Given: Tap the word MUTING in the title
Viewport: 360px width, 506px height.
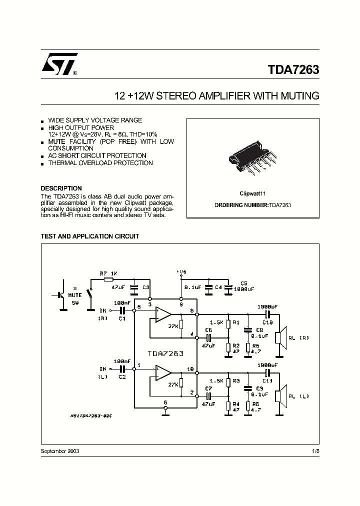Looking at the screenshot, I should click(299, 95).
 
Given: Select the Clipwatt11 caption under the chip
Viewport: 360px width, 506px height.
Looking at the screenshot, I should click(252, 193).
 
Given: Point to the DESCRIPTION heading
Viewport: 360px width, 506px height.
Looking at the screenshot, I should click(61, 188).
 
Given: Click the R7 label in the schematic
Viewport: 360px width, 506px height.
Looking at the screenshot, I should click(103, 273).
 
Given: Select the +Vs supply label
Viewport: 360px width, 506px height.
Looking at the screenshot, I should click(181, 271).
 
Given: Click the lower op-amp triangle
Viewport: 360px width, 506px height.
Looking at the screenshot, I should click(162, 373).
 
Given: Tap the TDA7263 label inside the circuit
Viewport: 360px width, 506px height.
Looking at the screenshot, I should click(165, 353).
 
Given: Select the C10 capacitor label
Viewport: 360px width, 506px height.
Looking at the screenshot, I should click(268, 322).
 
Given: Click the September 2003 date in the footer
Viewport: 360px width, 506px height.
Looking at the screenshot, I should click(59, 451).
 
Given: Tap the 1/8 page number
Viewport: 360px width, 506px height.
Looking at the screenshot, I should click(314, 451).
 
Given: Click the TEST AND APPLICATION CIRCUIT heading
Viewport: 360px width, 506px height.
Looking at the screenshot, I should click(89, 236).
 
